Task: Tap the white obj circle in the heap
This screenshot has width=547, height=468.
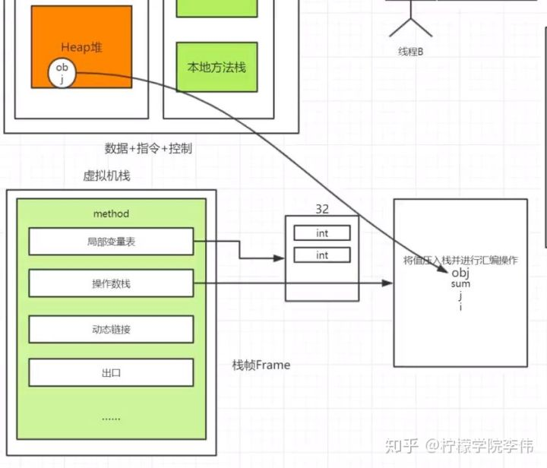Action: (62, 74)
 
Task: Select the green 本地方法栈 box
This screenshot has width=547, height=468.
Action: (217, 67)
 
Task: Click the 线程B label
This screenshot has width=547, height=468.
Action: (411, 52)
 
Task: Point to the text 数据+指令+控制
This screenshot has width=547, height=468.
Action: (148, 148)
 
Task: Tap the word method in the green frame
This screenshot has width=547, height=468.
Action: (111, 213)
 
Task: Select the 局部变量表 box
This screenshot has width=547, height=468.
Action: (111, 242)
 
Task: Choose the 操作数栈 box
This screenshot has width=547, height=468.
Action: (111, 283)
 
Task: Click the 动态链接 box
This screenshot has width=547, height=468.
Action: (111, 329)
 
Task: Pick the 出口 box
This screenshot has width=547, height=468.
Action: (111, 373)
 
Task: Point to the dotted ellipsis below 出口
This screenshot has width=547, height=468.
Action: (111, 416)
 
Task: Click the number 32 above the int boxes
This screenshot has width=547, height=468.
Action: (322, 208)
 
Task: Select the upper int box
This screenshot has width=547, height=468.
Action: (322, 233)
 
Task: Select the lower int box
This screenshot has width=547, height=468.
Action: (322, 255)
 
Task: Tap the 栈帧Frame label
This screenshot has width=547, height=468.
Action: (261, 365)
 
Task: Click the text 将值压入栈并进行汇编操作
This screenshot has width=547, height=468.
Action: (460, 260)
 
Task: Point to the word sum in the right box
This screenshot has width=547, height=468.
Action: (460, 283)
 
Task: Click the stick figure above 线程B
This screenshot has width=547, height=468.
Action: (410, 19)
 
